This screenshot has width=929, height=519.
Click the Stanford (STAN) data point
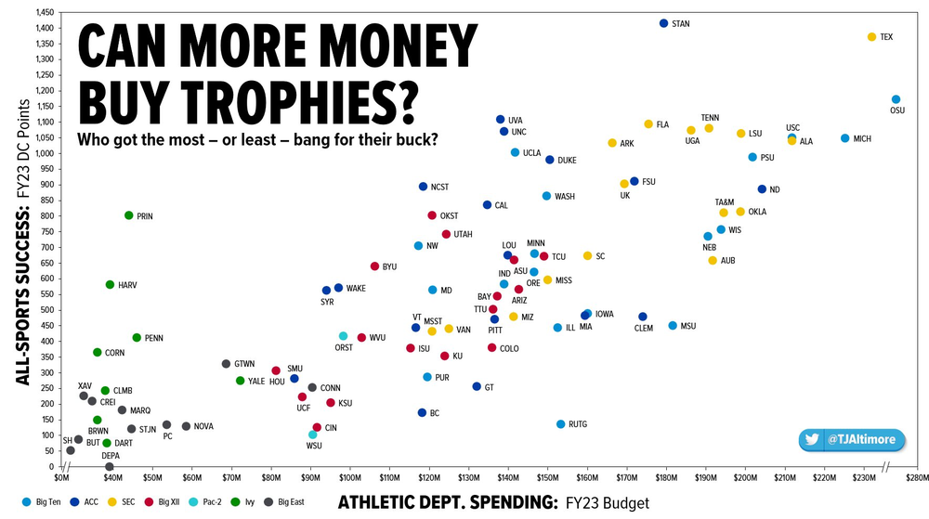[663, 23]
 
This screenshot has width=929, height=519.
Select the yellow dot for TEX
[871, 37]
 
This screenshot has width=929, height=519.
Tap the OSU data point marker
[896, 99]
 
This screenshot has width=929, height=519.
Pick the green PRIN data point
[129, 215]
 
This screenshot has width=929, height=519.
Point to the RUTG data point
[560, 424]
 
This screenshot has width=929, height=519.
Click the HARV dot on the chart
[110, 285]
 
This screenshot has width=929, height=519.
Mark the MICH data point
[844, 138]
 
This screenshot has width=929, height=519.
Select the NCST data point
[423, 187]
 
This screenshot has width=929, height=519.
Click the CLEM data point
[642, 317]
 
